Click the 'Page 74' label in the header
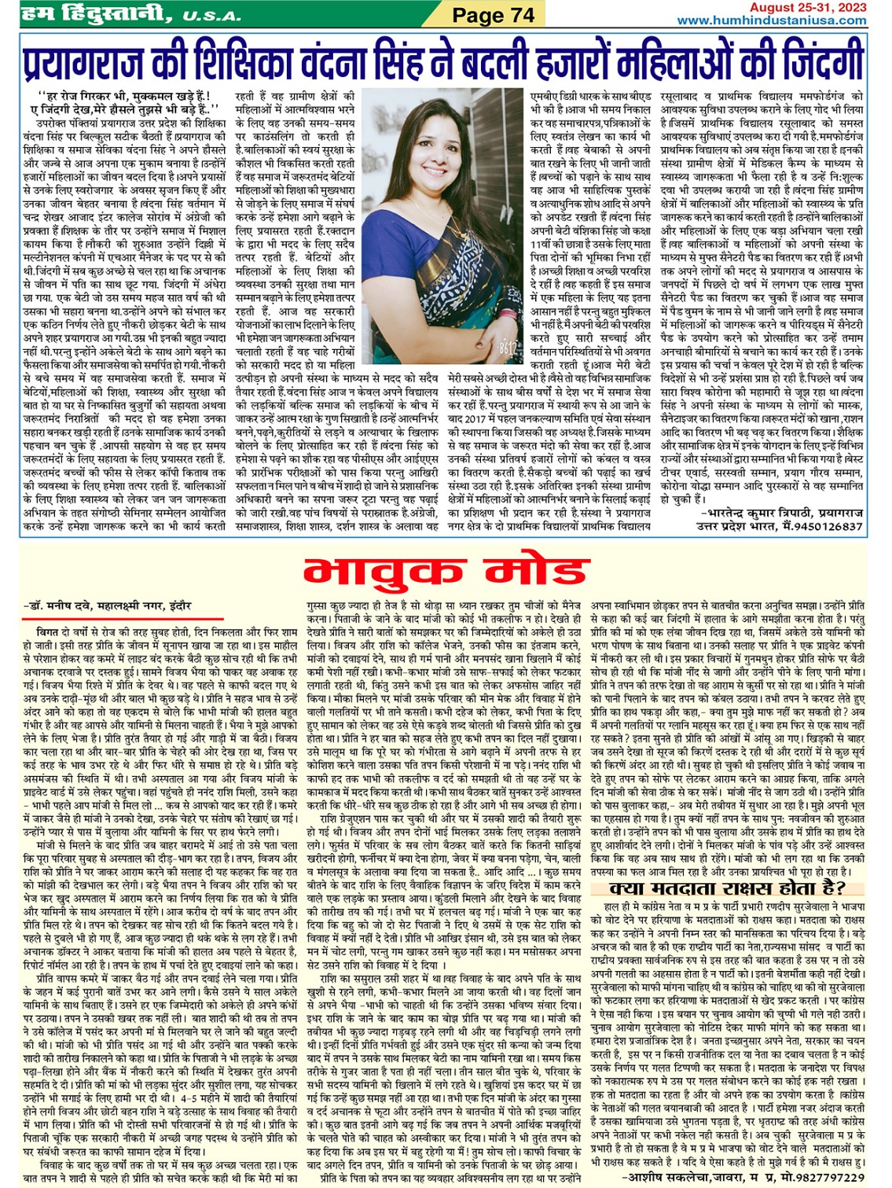point(494,14)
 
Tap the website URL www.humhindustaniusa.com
point(771,20)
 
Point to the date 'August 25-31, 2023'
point(808,8)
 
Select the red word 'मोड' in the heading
point(534,572)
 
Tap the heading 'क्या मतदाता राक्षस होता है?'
point(727,888)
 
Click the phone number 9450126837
point(825,526)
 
